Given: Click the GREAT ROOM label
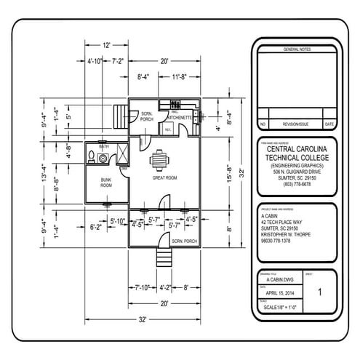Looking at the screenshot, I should (x=164, y=177).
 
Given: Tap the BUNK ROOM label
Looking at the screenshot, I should (x=106, y=182).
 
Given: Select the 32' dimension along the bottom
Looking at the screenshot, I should (x=143, y=319).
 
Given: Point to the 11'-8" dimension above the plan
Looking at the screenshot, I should (x=180, y=76).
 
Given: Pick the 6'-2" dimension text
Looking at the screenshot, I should (x=96, y=227).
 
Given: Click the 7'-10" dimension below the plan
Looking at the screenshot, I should (x=143, y=287).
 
